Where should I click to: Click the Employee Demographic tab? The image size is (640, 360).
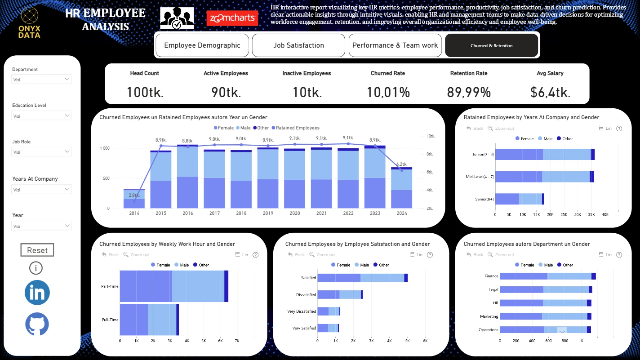[x=202, y=45]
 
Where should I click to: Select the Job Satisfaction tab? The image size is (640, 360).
[x=298, y=45]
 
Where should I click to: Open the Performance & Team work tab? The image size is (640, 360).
[x=395, y=45]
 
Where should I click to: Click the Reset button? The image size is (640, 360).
[x=37, y=250]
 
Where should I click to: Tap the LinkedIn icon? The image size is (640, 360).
[x=37, y=293]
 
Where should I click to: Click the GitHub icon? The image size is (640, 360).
[x=37, y=324]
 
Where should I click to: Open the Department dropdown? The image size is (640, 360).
[x=41, y=79]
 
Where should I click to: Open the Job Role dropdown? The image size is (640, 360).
[x=41, y=152]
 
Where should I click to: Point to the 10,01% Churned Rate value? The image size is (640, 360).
[x=388, y=92]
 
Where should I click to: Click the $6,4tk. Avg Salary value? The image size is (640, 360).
[x=550, y=92]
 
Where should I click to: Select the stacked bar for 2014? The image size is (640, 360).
[x=134, y=199]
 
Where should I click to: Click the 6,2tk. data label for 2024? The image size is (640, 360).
[x=402, y=164]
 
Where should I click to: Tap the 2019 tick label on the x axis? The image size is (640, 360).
[x=268, y=213]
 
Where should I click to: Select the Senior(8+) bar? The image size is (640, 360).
[x=519, y=199]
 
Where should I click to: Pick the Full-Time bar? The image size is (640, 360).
[x=149, y=320]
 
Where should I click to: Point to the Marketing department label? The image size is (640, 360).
[x=489, y=316]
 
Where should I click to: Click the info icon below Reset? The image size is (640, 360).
[x=36, y=268]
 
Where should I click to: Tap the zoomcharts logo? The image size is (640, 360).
[x=232, y=18]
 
